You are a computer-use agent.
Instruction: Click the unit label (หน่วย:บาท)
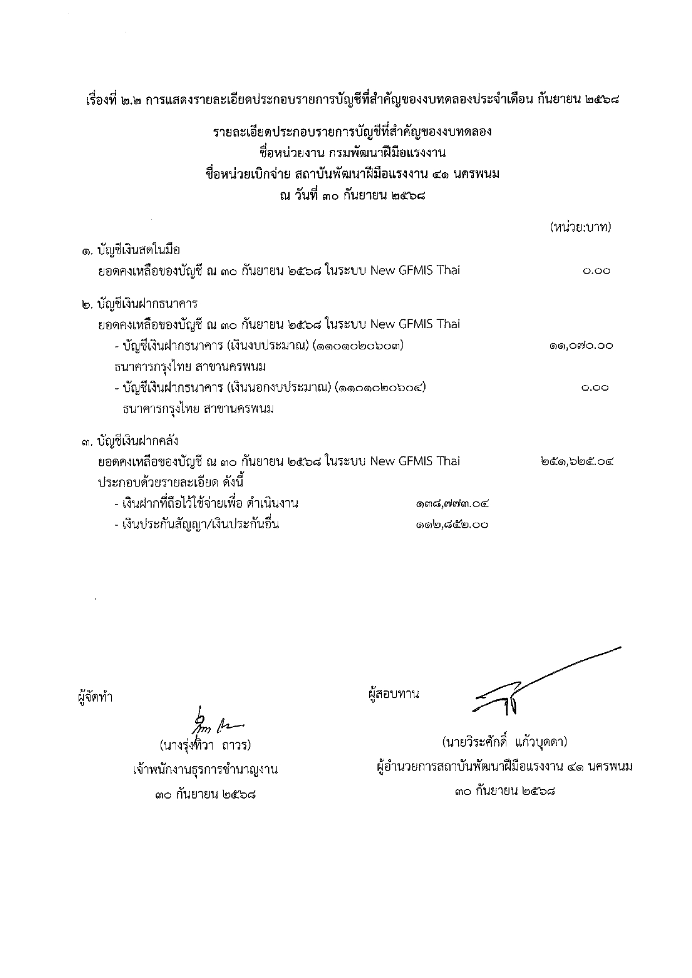coord(580,227)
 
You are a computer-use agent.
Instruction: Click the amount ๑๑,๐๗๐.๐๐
coord(580,346)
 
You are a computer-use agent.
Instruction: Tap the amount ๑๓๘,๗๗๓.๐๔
coord(452,504)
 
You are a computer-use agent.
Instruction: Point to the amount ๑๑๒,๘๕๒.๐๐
coord(452,524)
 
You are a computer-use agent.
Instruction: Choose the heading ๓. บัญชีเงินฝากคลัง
coord(129,441)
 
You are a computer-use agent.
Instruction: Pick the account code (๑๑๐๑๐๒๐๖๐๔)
coord(381,387)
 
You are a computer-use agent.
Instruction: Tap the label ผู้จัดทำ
coord(95,697)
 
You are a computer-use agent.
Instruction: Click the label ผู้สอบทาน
coord(394,694)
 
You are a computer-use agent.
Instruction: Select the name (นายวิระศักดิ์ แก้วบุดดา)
coord(504,742)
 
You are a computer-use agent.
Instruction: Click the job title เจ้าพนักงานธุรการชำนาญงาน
coord(205,770)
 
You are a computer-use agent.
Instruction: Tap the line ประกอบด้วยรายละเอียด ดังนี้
coord(171,482)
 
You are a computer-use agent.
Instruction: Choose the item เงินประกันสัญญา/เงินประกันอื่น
coord(196,524)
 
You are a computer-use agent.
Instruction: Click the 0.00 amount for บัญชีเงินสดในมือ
coord(596,271)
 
